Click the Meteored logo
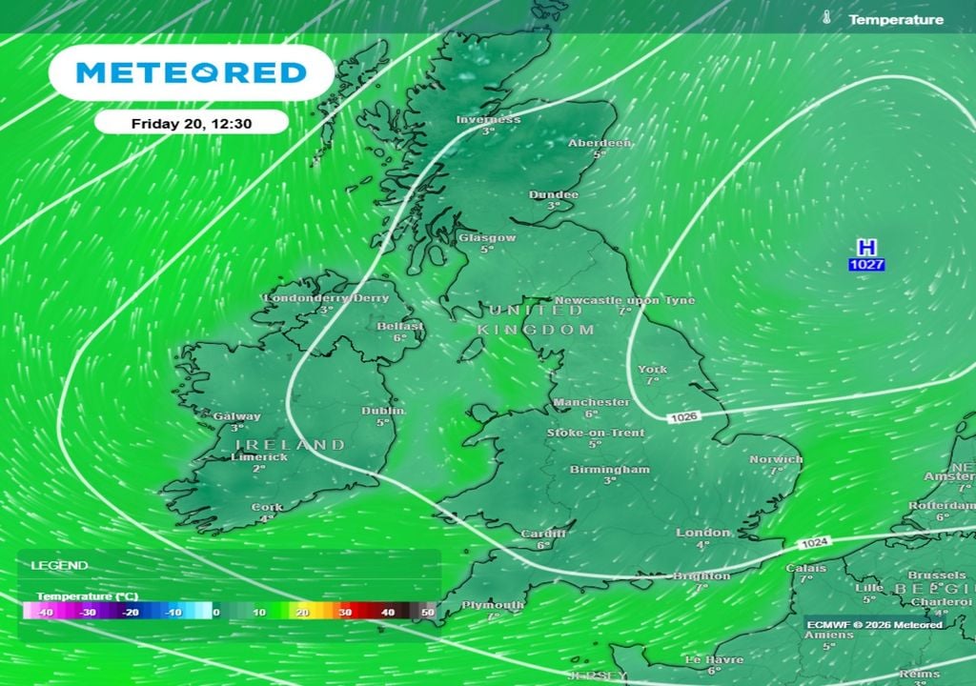(x=191, y=72)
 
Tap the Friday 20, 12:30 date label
(x=191, y=123)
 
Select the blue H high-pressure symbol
(x=866, y=248)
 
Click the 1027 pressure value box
(x=867, y=264)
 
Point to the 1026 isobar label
(x=682, y=417)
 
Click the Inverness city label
(x=488, y=120)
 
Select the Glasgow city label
(x=487, y=238)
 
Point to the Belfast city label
(x=400, y=326)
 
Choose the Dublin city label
(x=383, y=411)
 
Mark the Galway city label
(x=237, y=416)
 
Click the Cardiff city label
(x=544, y=534)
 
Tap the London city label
(x=703, y=533)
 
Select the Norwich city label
(x=776, y=459)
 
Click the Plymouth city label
(x=493, y=605)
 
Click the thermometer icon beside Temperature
(x=826, y=18)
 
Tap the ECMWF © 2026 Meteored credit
(x=874, y=624)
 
